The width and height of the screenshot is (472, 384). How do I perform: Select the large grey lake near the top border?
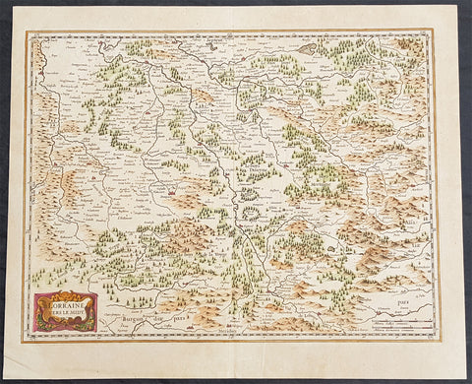tap(309, 45)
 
